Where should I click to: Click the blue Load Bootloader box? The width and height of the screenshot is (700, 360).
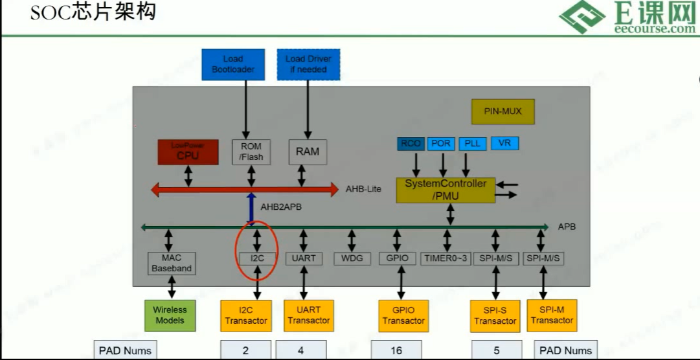233,64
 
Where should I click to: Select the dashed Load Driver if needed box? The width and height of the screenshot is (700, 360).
308,64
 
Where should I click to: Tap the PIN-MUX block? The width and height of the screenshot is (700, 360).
502,111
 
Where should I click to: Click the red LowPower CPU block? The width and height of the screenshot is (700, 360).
188,152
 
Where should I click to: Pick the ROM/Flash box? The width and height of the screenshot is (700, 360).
251,152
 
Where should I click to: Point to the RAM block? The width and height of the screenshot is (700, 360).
308,152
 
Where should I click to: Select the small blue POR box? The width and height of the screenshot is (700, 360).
440,144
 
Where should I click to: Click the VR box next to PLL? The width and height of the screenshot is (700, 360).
504,144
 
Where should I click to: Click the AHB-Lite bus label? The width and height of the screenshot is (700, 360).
363,189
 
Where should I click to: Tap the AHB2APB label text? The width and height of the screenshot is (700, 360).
282,208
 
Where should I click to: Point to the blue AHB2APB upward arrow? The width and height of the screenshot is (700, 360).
251,209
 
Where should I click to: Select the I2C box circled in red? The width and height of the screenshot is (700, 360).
258,258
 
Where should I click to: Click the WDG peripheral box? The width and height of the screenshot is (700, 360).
352,258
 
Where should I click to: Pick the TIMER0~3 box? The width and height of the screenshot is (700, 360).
444,258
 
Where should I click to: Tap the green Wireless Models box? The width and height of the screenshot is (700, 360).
170,315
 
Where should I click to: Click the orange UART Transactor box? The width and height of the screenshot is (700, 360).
308,315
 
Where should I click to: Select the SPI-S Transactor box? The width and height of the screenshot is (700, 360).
495,316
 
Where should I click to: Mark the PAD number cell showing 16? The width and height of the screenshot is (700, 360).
396,350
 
